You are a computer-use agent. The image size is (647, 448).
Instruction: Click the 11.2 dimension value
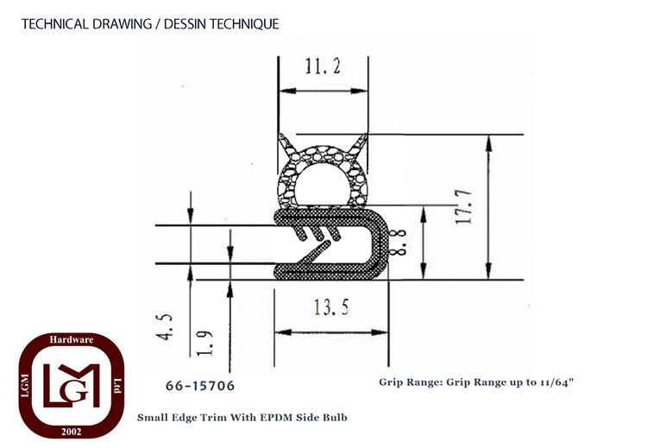tap(323, 66)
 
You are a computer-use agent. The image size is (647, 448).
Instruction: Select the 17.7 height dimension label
tap(463, 207)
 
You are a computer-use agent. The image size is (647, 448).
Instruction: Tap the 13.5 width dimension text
tap(331, 307)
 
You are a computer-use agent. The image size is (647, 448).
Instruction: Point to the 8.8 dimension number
tap(399, 243)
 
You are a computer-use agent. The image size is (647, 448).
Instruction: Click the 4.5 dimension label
tap(166, 327)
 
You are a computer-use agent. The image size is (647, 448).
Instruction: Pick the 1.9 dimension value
tap(204, 343)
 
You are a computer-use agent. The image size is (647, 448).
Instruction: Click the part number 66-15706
tap(200, 386)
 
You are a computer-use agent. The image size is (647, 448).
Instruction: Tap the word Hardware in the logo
tap(72, 340)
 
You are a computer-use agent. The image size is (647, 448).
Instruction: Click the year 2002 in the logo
tap(72, 432)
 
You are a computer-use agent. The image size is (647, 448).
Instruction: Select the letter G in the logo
tap(77, 392)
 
